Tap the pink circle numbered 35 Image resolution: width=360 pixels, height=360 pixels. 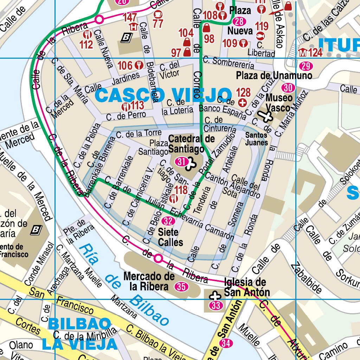pyautogui.click(x=181, y=287)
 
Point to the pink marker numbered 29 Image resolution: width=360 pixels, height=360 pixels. pyautogui.click(x=306, y=66)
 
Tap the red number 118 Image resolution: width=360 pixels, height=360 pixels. pyautogui.click(x=181, y=190)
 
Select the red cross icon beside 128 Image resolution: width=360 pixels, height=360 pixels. pyautogui.click(x=242, y=103)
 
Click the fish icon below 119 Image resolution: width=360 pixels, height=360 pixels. pyautogui.click(x=260, y=36)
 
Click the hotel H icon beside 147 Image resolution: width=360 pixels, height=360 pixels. pyautogui.click(x=133, y=26)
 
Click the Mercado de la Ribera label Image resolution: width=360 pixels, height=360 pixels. pyautogui.click(x=149, y=281)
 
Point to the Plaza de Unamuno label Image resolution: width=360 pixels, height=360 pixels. pyautogui.click(x=274, y=76)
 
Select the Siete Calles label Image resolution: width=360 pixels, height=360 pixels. pyautogui.click(x=171, y=237)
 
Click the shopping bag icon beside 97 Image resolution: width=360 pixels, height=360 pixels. pyautogui.click(x=187, y=52)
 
